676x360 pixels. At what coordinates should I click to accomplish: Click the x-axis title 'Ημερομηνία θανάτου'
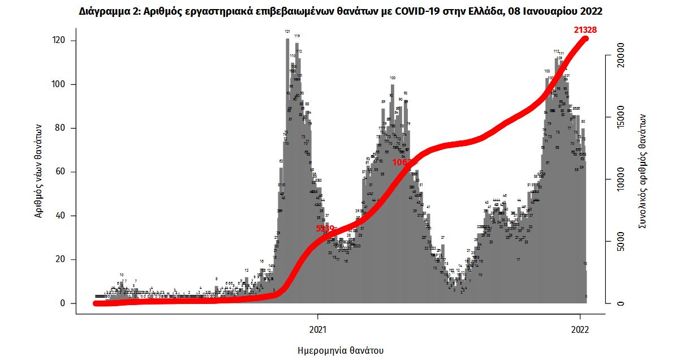point(341,350)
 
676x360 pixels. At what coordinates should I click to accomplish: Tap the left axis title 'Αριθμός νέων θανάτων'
point(39,172)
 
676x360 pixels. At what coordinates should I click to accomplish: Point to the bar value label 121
point(287,32)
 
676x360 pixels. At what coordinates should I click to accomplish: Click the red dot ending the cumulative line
point(586,38)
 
